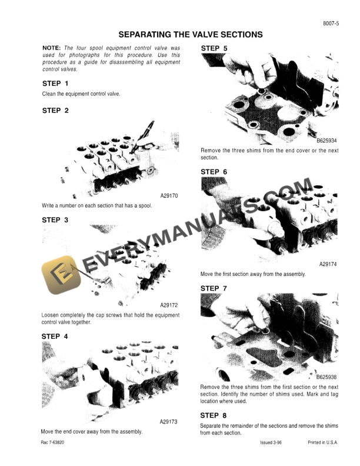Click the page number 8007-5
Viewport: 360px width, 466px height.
[331, 24]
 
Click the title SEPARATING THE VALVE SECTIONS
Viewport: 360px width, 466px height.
[191, 35]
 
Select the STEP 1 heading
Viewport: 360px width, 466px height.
[55, 84]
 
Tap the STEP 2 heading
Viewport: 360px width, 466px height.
[55, 110]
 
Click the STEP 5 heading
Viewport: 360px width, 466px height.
[214, 48]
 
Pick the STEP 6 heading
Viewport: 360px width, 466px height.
[214, 172]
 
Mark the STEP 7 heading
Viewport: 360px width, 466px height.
[214, 288]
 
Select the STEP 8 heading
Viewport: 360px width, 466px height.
[214, 415]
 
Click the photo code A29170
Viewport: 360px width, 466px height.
[169, 196]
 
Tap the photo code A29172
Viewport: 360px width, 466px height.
[169, 305]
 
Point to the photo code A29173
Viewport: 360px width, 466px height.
[169, 422]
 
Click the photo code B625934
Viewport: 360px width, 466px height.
[326, 141]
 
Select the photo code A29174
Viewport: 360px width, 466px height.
[328, 265]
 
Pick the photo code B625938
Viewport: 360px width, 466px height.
[326, 377]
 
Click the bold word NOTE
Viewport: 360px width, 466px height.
[52, 47]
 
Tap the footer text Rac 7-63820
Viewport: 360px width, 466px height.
[54, 442]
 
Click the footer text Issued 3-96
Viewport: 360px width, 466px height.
[272, 442]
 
